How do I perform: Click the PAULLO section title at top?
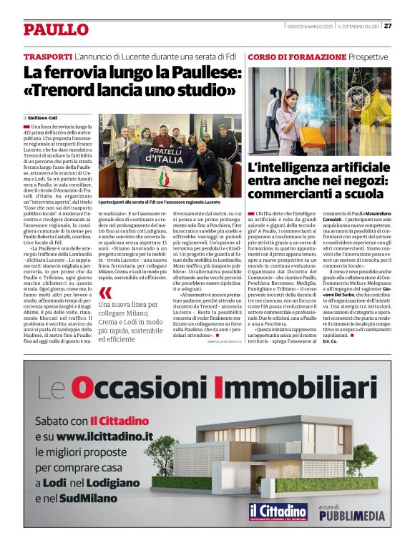pos(56,29)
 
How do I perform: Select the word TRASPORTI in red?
pos(47,57)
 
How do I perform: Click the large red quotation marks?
pos(106,292)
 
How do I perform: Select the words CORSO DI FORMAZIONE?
pos(297,57)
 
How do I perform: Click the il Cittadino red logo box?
pos(278,513)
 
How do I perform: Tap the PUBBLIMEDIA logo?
pos(351,515)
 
